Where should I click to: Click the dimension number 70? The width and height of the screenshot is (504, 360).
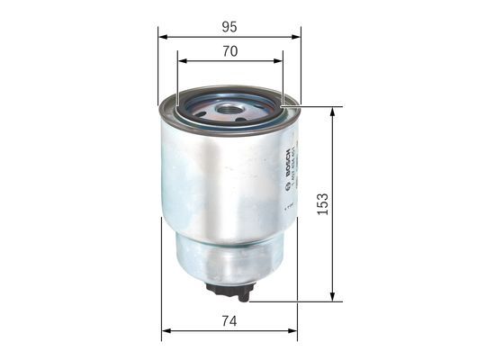coord(229,51)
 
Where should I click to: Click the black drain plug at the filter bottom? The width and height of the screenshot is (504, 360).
coord(229,291)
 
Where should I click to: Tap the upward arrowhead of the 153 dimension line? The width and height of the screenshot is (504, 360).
coord(333,112)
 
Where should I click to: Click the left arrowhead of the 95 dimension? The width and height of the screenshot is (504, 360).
coord(163,37)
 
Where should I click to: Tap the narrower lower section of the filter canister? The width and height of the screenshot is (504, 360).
coord(229,256)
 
